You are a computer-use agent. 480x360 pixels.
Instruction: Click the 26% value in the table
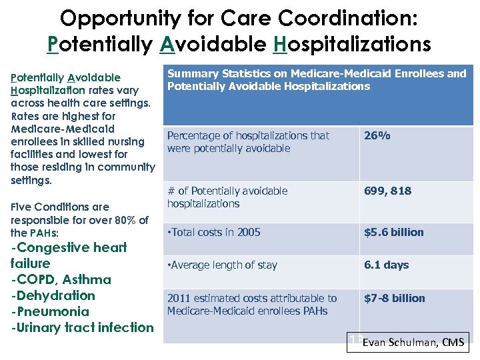[x=377, y=136]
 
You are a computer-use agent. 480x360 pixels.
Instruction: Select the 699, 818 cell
[x=387, y=191]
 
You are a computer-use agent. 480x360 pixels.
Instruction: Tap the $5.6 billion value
[x=393, y=233]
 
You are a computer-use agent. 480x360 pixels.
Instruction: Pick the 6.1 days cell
[x=386, y=265]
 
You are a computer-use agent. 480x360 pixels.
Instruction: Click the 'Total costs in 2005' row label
[x=213, y=233]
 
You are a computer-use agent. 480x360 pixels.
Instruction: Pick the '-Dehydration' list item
[x=53, y=295]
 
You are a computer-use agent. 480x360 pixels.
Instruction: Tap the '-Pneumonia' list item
[x=50, y=311]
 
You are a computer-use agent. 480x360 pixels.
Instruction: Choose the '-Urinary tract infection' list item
[x=82, y=327]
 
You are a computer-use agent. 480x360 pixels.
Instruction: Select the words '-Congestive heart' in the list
[x=69, y=247]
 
